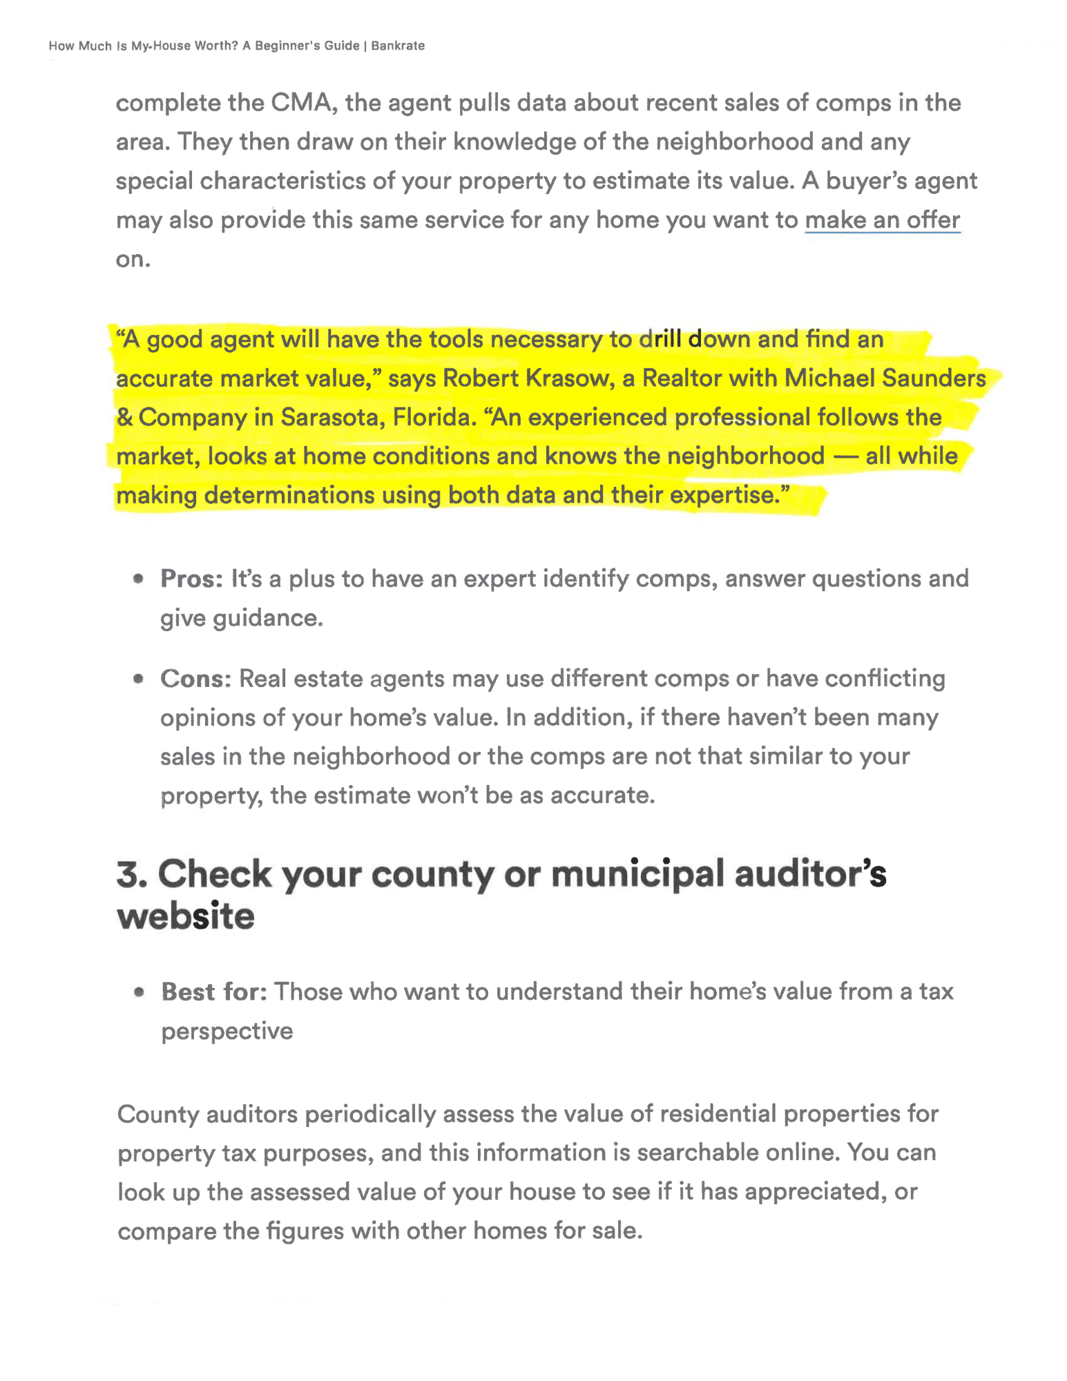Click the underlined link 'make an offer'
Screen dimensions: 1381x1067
click(882, 220)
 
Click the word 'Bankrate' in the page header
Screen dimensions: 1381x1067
click(398, 46)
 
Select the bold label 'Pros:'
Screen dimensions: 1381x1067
click(191, 579)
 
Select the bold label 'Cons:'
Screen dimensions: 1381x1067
click(195, 679)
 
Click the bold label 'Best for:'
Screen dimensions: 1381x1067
click(214, 992)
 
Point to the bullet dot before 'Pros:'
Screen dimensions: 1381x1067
click(140, 579)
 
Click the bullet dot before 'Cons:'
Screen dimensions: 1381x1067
click(140, 679)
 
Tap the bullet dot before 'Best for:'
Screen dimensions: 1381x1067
click(140, 992)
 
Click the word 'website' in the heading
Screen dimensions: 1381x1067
click(186, 916)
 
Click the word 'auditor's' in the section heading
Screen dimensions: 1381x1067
click(810, 874)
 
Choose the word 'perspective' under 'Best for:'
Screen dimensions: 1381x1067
click(227, 1032)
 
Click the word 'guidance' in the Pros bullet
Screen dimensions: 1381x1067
click(267, 618)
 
